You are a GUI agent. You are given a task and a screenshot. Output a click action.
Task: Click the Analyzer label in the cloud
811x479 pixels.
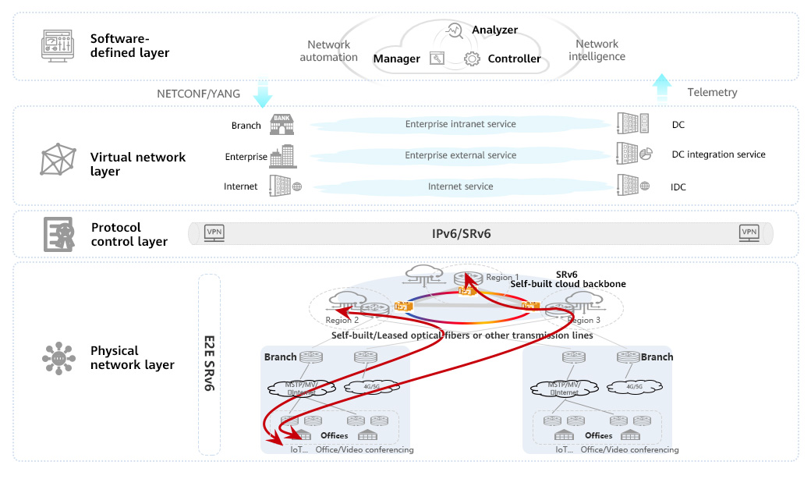click(494, 30)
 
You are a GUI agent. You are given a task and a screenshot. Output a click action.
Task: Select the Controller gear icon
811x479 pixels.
click(471, 59)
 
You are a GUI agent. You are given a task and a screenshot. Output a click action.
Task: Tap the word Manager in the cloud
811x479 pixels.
click(396, 59)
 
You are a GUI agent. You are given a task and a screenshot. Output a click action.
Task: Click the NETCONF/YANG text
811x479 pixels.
click(199, 93)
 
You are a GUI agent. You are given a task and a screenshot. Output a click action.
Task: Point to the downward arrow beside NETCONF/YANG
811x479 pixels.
click(263, 92)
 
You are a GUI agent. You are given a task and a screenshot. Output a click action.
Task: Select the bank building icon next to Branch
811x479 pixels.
click(279, 124)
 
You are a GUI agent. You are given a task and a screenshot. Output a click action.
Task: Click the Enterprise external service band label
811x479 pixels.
click(460, 155)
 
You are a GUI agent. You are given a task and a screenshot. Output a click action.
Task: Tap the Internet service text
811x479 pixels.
click(460, 186)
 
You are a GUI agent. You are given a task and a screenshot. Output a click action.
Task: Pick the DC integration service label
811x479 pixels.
click(718, 154)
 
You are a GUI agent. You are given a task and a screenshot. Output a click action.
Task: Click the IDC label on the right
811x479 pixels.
click(678, 187)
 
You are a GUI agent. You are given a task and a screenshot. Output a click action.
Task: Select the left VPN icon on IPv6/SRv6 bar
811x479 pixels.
click(214, 232)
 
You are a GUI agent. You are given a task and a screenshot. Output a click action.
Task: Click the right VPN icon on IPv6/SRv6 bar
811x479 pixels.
click(749, 232)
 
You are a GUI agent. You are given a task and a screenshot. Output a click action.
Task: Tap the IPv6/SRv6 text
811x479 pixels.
click(462, 233)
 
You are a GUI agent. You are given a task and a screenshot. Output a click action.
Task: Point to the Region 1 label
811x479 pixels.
click(502, 278)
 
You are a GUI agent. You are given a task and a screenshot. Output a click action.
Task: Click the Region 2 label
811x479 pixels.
click(342, 321)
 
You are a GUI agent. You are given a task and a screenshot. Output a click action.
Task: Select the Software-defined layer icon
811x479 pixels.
click(57, 45)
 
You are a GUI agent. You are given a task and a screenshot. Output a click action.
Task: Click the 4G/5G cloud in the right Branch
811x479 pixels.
click(634, 386)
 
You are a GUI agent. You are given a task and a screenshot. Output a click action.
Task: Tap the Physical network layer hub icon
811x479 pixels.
click(58, 358)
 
